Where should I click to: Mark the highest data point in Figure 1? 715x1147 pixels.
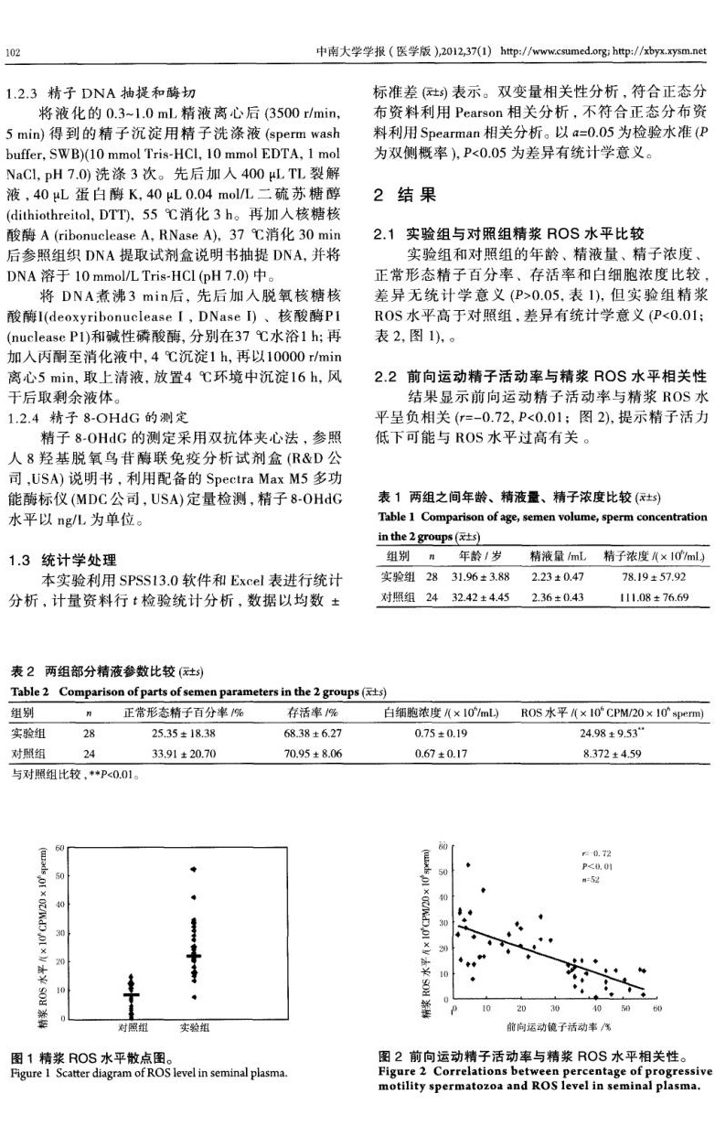pos(193,869)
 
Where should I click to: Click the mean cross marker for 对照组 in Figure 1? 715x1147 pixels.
pos(132,993)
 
